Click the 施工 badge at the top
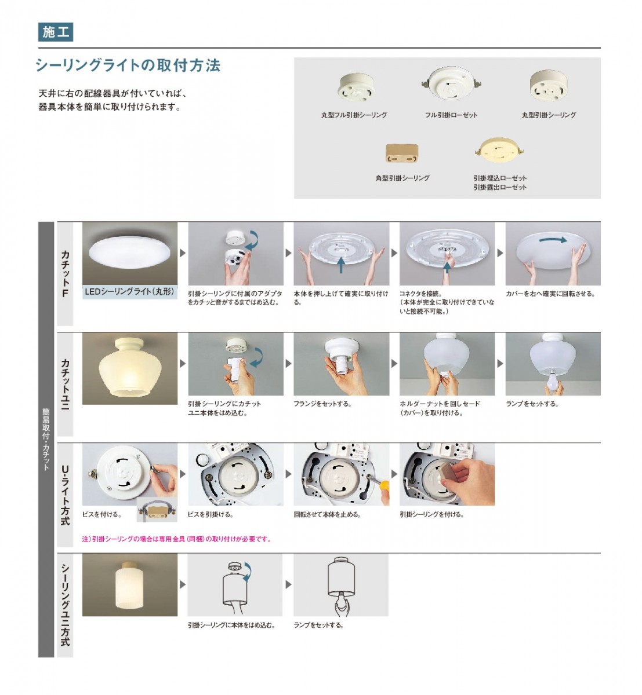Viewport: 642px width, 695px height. pos(55,32)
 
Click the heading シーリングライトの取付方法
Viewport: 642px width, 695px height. pos(128,65)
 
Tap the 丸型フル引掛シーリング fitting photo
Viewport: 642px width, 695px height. pos(356,87)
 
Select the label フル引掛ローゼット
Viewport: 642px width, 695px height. pos(451,115)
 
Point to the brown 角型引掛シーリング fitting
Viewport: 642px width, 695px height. pos(402,153)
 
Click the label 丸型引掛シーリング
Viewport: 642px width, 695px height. pos(549,115)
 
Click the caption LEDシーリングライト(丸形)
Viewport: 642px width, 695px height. pos(130,291)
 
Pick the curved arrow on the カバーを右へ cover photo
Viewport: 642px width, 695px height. pos(553,240)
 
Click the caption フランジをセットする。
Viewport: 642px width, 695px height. pos(322,404)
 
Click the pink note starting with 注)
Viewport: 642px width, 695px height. pos(177,539)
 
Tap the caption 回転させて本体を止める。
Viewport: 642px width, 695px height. pos(327,514)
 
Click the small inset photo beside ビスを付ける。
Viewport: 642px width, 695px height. pos(157,510)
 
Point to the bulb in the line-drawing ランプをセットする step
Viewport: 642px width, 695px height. pos(342,602)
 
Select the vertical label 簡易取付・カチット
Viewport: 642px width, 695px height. pos(46,439)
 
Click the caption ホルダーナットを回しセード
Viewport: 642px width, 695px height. pos(440,404)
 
